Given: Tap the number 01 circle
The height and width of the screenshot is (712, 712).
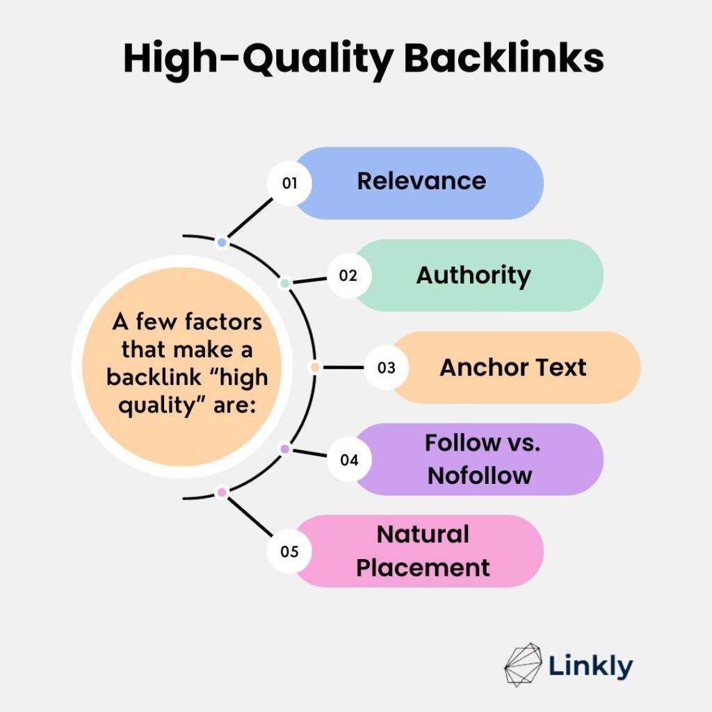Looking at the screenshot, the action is (x=289, y=183).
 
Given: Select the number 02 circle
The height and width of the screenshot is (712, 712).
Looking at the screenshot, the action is (x=349, y=275).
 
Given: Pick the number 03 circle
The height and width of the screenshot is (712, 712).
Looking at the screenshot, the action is (x=387, y=367).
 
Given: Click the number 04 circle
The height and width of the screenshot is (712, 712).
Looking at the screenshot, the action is (x=349, y=460).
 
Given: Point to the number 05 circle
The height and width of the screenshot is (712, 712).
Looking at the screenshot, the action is (x=289, y=551).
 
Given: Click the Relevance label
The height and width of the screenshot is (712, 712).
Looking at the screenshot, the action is (x=421, y=181).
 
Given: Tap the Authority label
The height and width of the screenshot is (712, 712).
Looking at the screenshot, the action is (x=474, y=275).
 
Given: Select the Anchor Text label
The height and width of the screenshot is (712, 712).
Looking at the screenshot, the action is (x=513, y=367).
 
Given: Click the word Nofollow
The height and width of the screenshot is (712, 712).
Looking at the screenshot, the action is (x=480, y=476).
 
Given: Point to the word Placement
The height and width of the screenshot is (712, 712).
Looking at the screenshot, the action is (x=423, y=567).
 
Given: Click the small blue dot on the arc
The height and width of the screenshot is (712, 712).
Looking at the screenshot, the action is (x=222, y=243).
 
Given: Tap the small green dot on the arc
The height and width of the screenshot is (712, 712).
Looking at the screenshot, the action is (x=284, y=284).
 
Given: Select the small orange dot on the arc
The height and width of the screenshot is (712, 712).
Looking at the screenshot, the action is (x=315, y=367).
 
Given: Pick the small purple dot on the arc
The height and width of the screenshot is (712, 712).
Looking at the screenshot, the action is (x=284, y=449).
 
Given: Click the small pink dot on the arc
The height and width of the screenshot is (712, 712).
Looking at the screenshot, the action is (x=222, y=492).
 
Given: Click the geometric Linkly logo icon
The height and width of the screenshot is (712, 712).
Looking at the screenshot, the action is (x=523, y=665).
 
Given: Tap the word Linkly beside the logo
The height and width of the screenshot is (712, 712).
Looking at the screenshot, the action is (x=591, y=666).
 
